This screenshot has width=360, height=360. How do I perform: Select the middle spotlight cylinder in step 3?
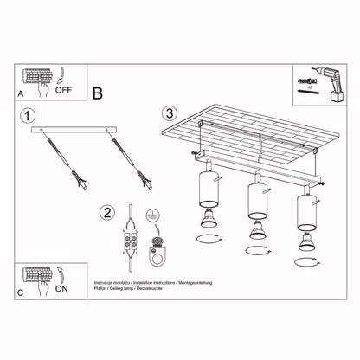click(255, 200)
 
